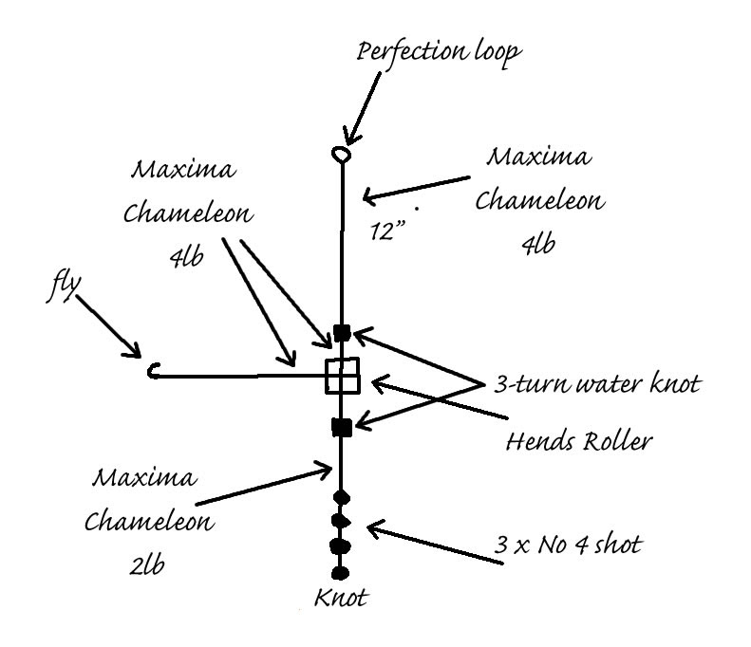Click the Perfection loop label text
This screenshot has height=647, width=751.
[439, 51]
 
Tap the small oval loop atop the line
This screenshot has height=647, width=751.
[340, 153]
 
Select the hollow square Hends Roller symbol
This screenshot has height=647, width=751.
[342, 376]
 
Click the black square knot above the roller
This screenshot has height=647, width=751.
[342, 333]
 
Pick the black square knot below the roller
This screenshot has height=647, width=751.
[342, 427]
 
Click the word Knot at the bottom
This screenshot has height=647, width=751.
[341, 599]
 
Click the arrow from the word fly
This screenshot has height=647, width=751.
[107, 328]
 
